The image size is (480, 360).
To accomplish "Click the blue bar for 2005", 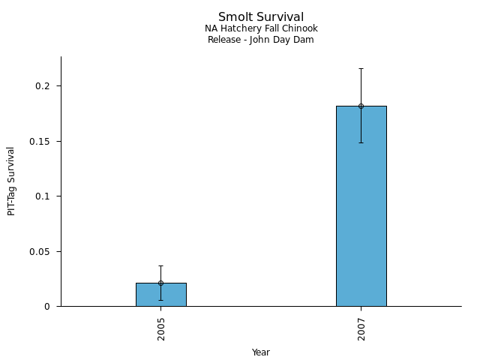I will [160, 295].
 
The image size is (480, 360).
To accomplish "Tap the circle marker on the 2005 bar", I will [160, 283].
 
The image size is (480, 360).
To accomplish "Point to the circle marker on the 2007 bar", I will [361, 106].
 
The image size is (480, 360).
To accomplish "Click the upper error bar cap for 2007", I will [361, 68].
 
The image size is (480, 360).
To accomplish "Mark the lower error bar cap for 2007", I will [361, 142].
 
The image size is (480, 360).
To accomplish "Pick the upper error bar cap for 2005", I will [160, 265].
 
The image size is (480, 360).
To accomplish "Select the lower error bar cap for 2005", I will [160, 300].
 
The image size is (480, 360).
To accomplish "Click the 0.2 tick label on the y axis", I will [43, 86].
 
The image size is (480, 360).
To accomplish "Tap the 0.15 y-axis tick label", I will [40, 141].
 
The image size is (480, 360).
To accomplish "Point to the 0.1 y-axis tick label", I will [43, 196].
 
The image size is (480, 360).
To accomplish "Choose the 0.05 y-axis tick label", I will [40, 251].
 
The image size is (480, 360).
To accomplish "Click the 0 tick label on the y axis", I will [46, 307].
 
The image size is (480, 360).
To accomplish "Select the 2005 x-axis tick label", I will [161, 328].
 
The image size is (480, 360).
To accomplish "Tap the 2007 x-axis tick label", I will [361, 328].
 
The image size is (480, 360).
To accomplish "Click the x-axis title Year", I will [261, 352].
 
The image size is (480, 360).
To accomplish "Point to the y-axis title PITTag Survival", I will [11, 181].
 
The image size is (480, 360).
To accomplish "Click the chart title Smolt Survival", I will [261, 16].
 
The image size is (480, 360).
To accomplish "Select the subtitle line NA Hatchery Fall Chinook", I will [261, 28].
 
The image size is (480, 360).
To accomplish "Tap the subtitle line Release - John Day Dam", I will [261, 40].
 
